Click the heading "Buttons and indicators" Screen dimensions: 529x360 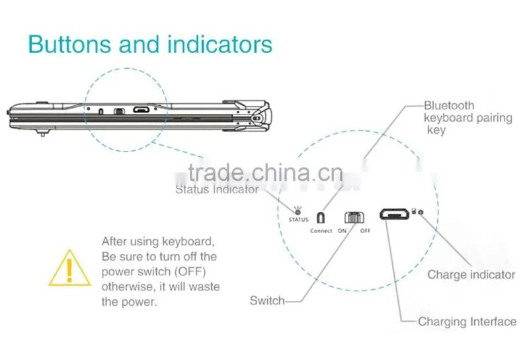click(150, 44)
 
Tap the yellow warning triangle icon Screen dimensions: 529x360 click(69, 269)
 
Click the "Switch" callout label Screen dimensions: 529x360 click(267, 300)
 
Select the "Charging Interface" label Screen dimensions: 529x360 click(467, 322)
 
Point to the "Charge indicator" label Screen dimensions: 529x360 click(471, 275)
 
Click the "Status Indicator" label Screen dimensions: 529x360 click(217, 189)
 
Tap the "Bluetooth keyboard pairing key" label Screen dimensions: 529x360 click(468, 118)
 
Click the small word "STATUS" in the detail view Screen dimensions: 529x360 click(299, 220)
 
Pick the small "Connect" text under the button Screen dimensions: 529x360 click(321, 231)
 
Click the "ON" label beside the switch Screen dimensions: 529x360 click(342, 231)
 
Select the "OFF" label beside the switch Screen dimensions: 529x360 click(365, 231)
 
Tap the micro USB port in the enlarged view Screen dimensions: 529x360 click(394, 214)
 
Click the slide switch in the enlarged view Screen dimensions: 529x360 click(354, 218)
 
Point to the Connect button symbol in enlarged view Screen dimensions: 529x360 click(321, 218)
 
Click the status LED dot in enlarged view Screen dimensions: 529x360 click(298, 212)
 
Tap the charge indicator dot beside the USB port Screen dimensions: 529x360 click(421, 212)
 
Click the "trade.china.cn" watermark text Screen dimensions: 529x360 click(266, 173)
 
